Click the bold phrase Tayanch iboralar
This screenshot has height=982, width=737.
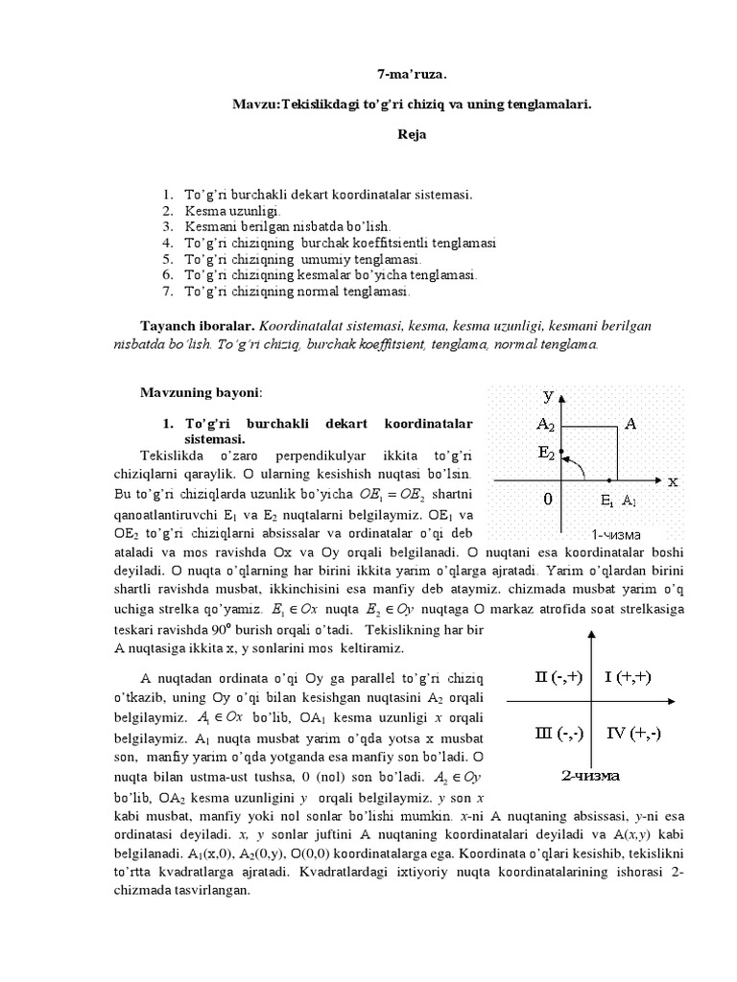[198, 326]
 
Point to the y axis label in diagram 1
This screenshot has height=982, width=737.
[547, 394]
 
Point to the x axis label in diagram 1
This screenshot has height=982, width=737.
[673, 480]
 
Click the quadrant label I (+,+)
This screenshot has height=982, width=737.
[629, 678]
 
